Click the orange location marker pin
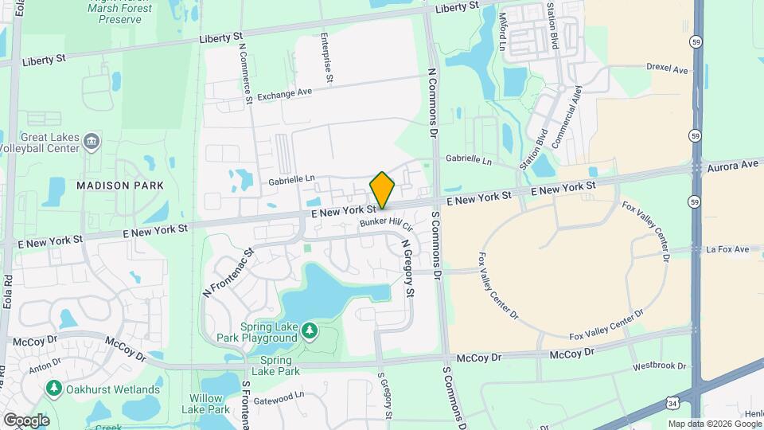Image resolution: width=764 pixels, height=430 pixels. [382, 190]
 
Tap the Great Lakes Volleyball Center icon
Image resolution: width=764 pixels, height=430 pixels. [92, 142]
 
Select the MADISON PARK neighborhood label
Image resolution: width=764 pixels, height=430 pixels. [120, 186]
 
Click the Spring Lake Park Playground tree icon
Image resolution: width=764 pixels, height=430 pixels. [309, 330]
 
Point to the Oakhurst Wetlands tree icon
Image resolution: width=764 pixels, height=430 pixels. [54, 389]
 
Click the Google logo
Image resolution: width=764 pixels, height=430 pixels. [26, 420]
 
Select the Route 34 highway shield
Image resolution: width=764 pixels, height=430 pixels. [673, 405]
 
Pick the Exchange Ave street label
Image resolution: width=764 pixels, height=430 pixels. [284, 93]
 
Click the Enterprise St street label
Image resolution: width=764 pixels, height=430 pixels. [326, 57]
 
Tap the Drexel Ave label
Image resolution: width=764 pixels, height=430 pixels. [667, 69]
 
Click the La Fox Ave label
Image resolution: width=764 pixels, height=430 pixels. [727, 249]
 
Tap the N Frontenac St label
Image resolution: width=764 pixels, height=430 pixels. [228, 272]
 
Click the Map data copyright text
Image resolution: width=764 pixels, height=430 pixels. [713, 424]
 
